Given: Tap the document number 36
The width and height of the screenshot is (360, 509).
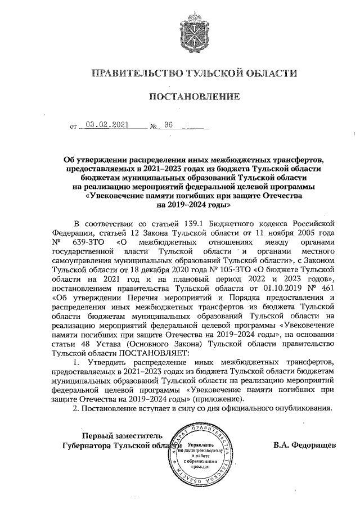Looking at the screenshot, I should pos(168,126).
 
